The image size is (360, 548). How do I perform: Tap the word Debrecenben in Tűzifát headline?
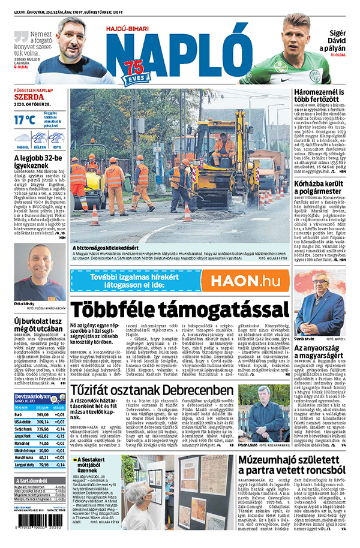198,391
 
